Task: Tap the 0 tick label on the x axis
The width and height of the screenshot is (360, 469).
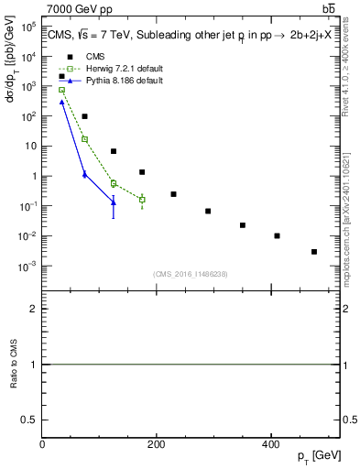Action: (x=43, y=443)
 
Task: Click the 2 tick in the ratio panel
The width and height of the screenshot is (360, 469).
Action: (x=35, y=310)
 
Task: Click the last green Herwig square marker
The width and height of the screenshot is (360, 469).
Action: (x=142, y=200)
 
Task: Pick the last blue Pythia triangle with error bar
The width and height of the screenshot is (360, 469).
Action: (x=114, y=203)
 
